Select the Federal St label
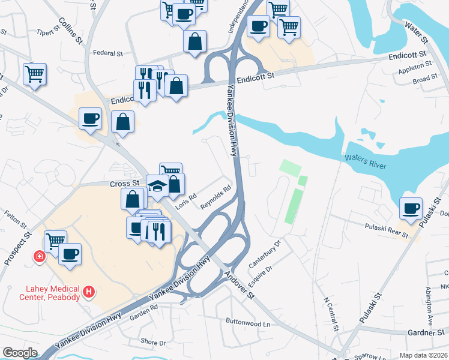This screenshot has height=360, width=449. pos(107,53)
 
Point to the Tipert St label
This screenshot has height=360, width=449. pos(50,32)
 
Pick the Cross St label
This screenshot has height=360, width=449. pos(124,183)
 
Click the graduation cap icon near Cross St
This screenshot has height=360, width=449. pos(157,187)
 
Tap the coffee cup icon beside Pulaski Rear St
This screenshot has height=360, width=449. pos(411,208)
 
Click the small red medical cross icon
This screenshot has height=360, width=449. pos(40,257)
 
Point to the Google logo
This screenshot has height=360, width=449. pos(20,353)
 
